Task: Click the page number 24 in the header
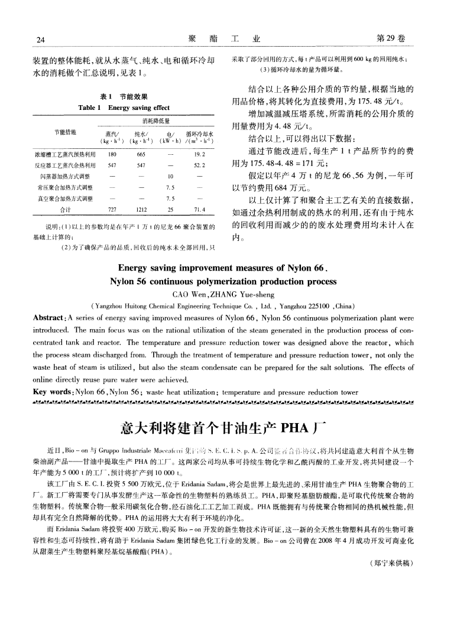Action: pyautogui.click(x=40, y=40)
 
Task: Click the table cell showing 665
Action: pyautogui.click(x=141, y=152)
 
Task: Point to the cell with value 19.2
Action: pyautogui.click(x=199, y=152)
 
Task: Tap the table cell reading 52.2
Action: pyautogui.click(x=199, y=164)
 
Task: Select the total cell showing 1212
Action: pyautogui.click(x=141, y=209)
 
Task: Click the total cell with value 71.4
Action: pyautogui.click(x=199, y=209)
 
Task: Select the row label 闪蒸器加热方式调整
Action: pyautogui.click(x=64, y=175)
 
